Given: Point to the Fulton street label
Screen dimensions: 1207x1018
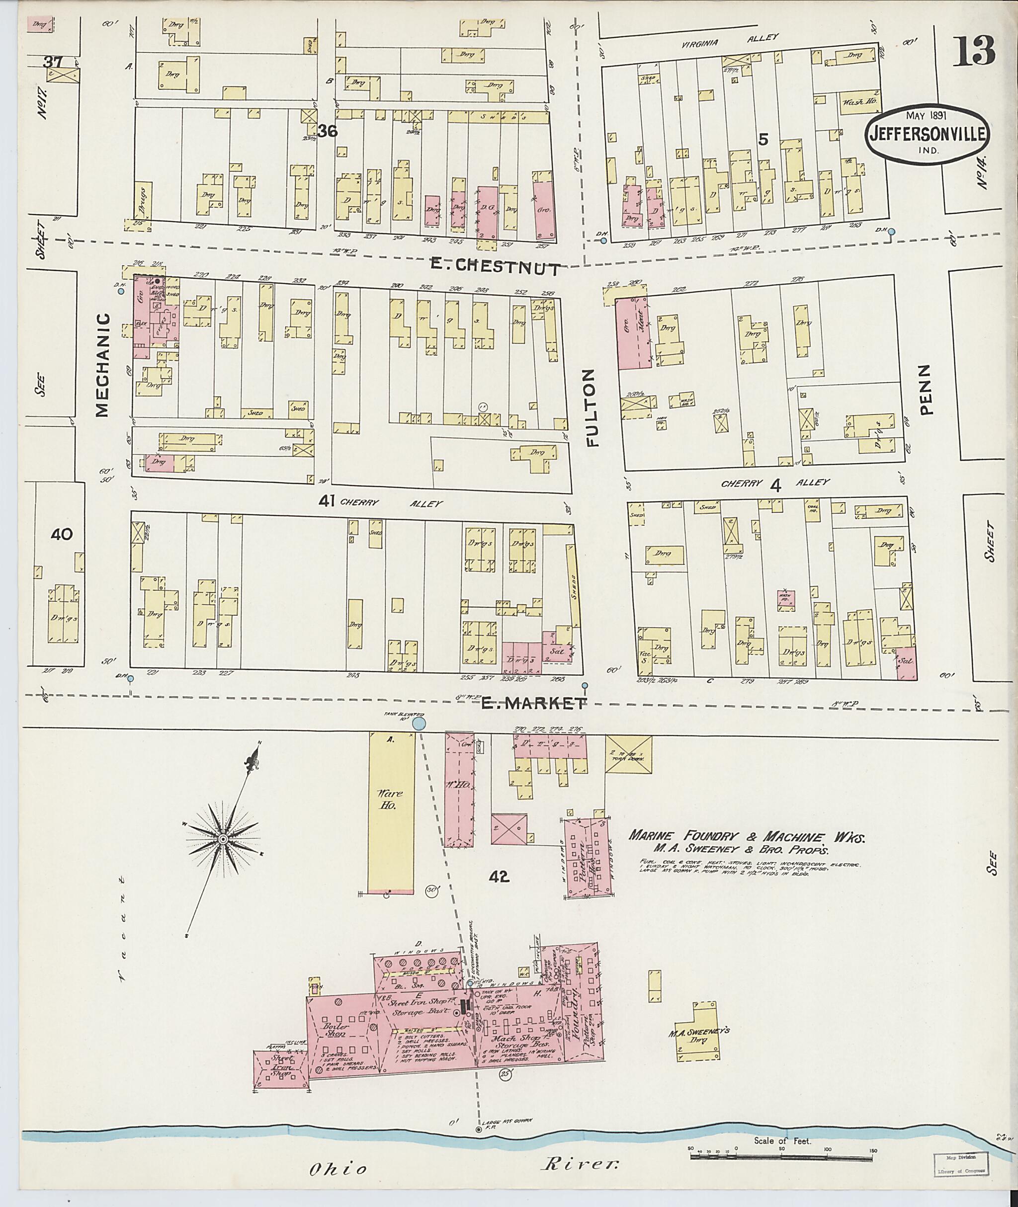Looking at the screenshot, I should [x=594, y=408].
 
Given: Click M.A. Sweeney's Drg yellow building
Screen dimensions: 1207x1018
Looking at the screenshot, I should [x=697, y=1039].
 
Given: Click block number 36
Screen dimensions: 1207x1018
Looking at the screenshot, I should [x=327, y=132].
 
